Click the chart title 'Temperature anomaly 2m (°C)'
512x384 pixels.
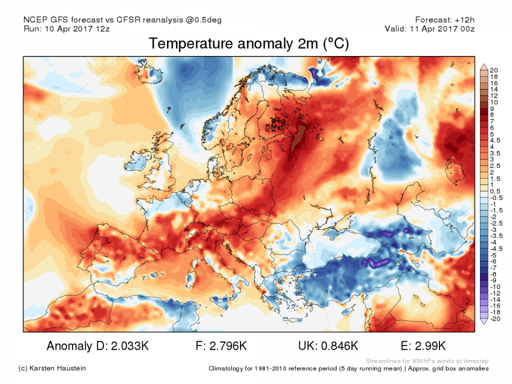point(249,44)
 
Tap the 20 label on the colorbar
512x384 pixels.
point(493,70)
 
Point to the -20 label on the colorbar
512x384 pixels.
point(495,319)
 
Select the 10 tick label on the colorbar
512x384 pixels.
point(493,102)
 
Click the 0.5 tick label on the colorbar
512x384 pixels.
point(495,191)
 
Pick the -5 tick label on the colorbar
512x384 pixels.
point(494,255)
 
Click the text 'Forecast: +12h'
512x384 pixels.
point(446,20)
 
